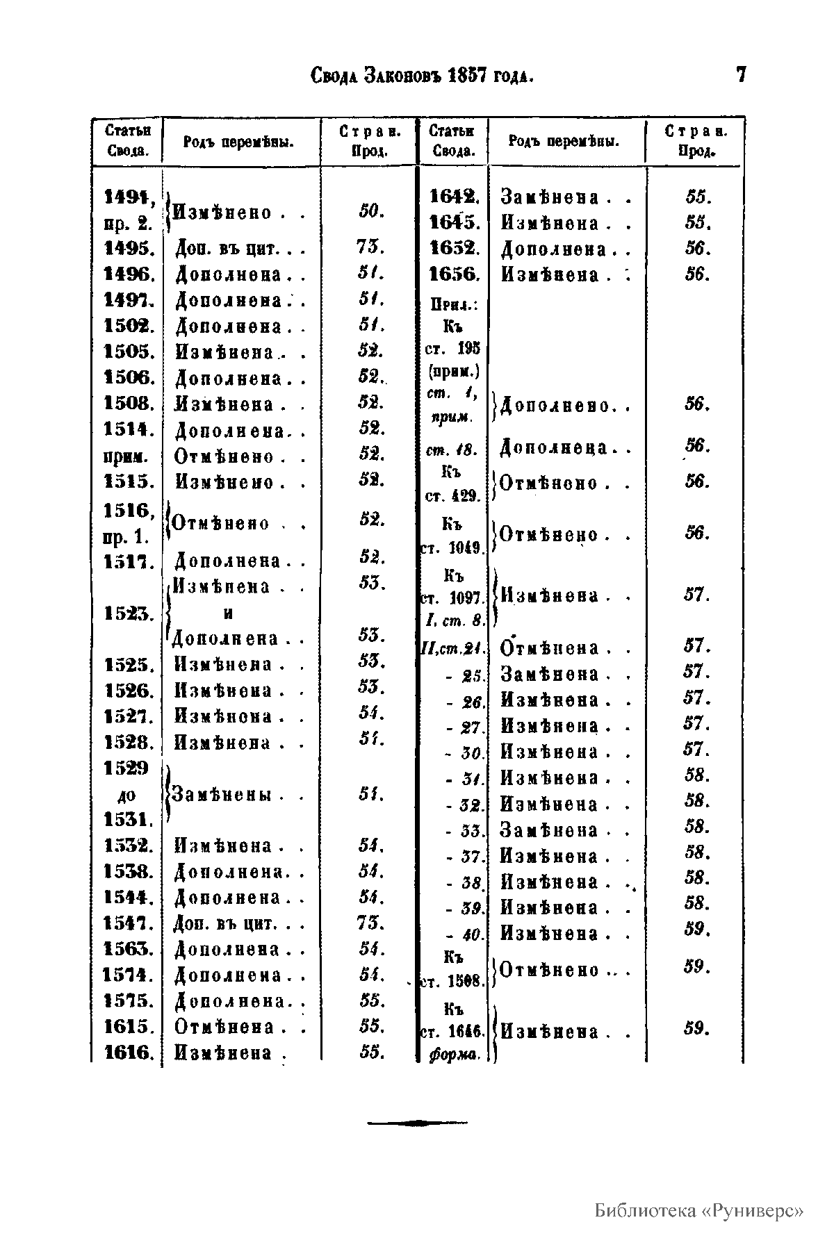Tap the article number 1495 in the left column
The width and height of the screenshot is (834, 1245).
129,249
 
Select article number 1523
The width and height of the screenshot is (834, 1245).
129,613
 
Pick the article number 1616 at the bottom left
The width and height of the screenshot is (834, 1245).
129,1053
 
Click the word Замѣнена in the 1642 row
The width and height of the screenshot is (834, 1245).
550,197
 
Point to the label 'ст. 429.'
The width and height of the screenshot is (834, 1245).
452,496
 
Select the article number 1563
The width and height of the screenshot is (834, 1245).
129,949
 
